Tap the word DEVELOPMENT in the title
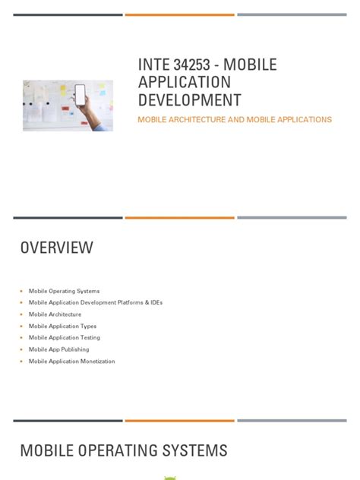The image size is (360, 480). (189, 99)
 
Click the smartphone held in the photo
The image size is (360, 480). (80, 96)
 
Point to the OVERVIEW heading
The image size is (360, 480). (56, 248)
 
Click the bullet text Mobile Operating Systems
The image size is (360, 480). (64, 291)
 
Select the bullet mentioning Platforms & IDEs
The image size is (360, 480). (96, 302)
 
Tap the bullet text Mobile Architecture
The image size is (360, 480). (55, 314)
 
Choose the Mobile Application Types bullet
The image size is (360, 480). (62, 326)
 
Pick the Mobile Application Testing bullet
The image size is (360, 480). (64, 337)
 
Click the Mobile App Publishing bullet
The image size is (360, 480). (59, 349)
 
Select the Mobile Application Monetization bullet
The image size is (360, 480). (71, 362)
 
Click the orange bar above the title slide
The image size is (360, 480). (179, 14)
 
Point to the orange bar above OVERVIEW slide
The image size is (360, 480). (179, 218)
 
